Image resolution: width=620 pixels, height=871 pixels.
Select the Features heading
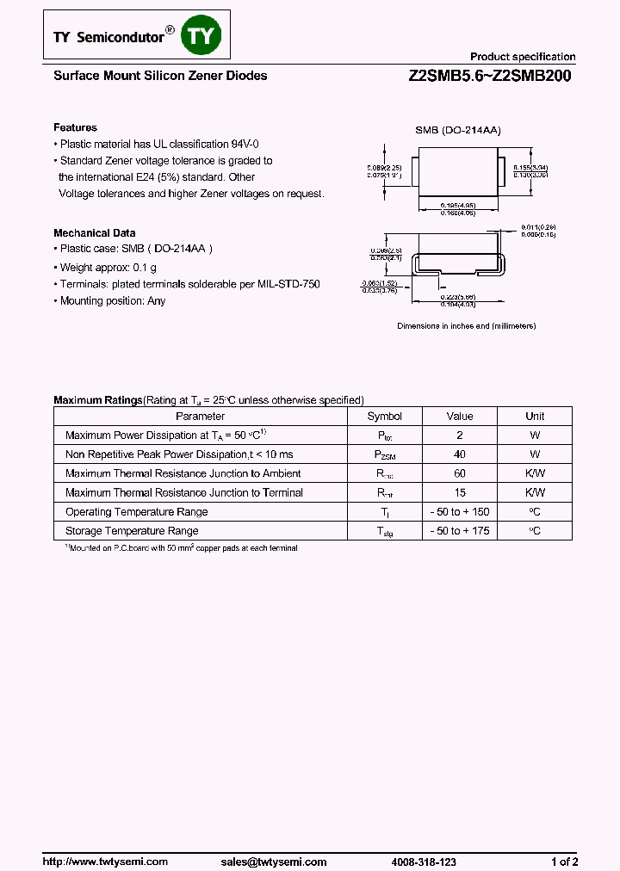[x=76, y=127]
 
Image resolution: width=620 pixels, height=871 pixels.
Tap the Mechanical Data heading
[x=95, y=232]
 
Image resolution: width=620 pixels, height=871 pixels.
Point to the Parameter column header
[x=200, y=416]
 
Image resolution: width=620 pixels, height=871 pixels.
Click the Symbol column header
[x=384, y=416]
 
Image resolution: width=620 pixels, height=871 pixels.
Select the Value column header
[x=460, y=416]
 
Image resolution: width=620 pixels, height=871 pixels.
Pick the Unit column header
[x=535, y=416]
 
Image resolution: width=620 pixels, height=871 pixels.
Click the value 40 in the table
[x=460, y=454]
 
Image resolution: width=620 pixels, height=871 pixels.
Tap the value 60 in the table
[x=460, y=473]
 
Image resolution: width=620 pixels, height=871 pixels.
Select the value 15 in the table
[x=460, y=492]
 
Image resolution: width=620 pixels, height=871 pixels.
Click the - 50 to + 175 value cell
[x=460, y=531]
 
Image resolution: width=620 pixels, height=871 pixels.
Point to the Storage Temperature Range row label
[x=132, y=531]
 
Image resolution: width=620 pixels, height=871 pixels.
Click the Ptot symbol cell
[x=384, y=435]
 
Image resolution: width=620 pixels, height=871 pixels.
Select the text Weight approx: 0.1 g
[x=108, y=268]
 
